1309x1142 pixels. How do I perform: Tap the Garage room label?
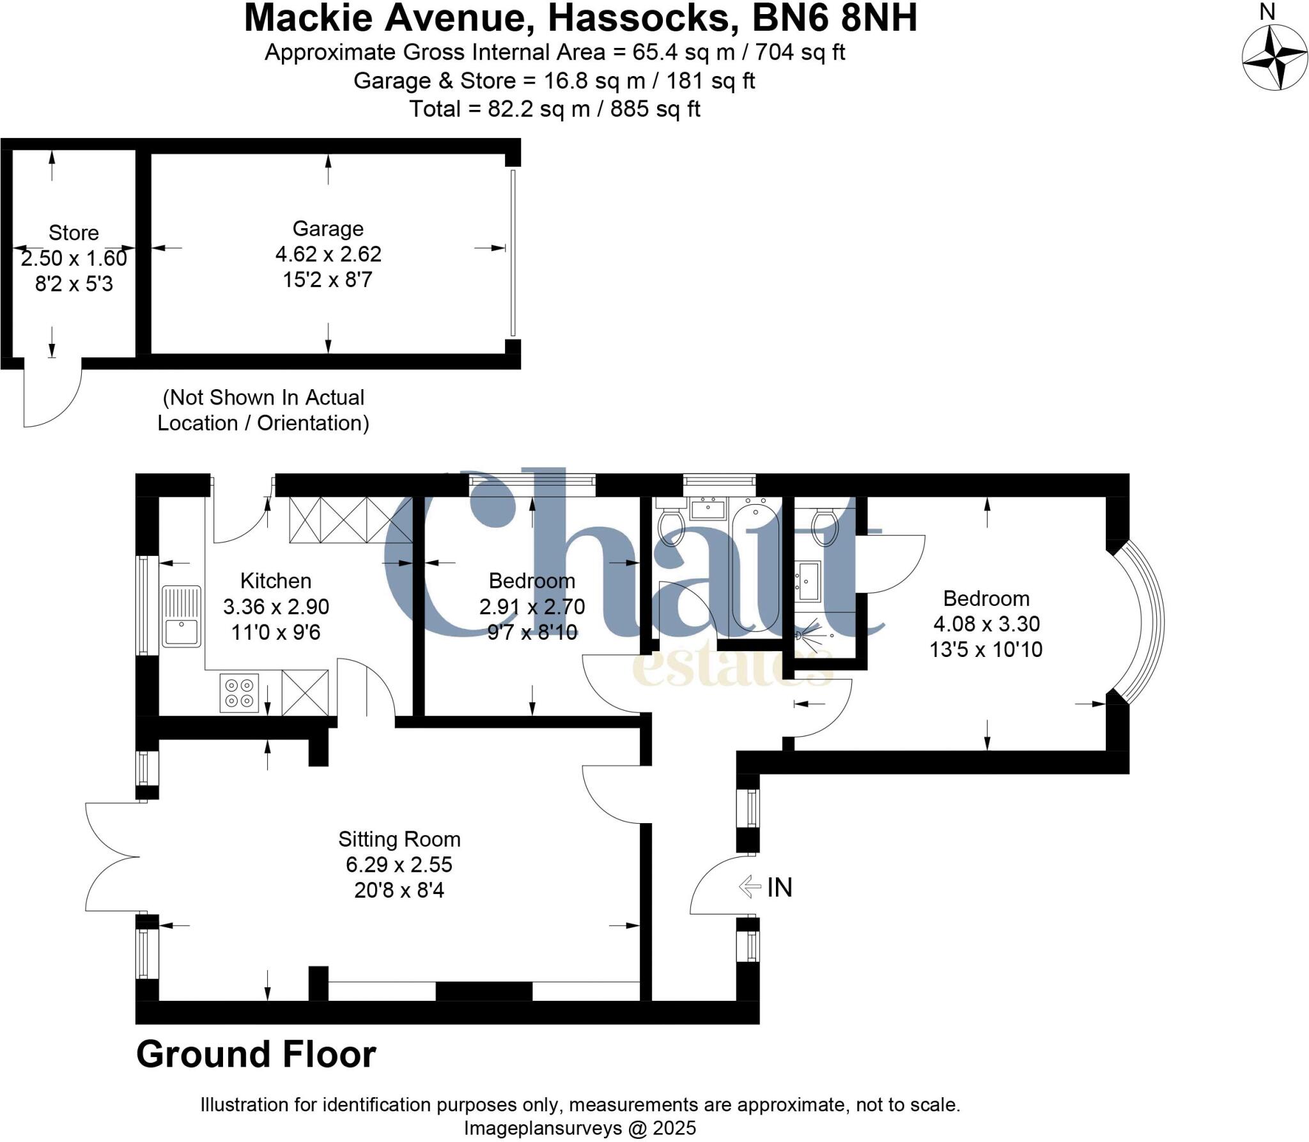coord(328,229)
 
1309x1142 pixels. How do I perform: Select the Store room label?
coord(74,233)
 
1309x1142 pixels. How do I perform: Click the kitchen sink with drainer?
coord(182,616)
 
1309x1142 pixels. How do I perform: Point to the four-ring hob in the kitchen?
coord(239,693)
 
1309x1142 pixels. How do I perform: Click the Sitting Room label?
coord(399,838)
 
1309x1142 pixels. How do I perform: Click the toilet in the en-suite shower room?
coord(825,528)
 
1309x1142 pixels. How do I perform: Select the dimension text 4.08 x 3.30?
coord(986,624)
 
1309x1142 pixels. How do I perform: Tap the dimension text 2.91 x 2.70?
coord(532,606)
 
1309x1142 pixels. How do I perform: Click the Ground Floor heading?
coord(256,1055)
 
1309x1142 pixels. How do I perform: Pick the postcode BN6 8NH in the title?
coord(834,18)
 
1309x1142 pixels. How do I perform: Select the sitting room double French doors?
coord(112,857)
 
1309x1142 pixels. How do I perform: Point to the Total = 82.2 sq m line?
coord(555,109)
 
